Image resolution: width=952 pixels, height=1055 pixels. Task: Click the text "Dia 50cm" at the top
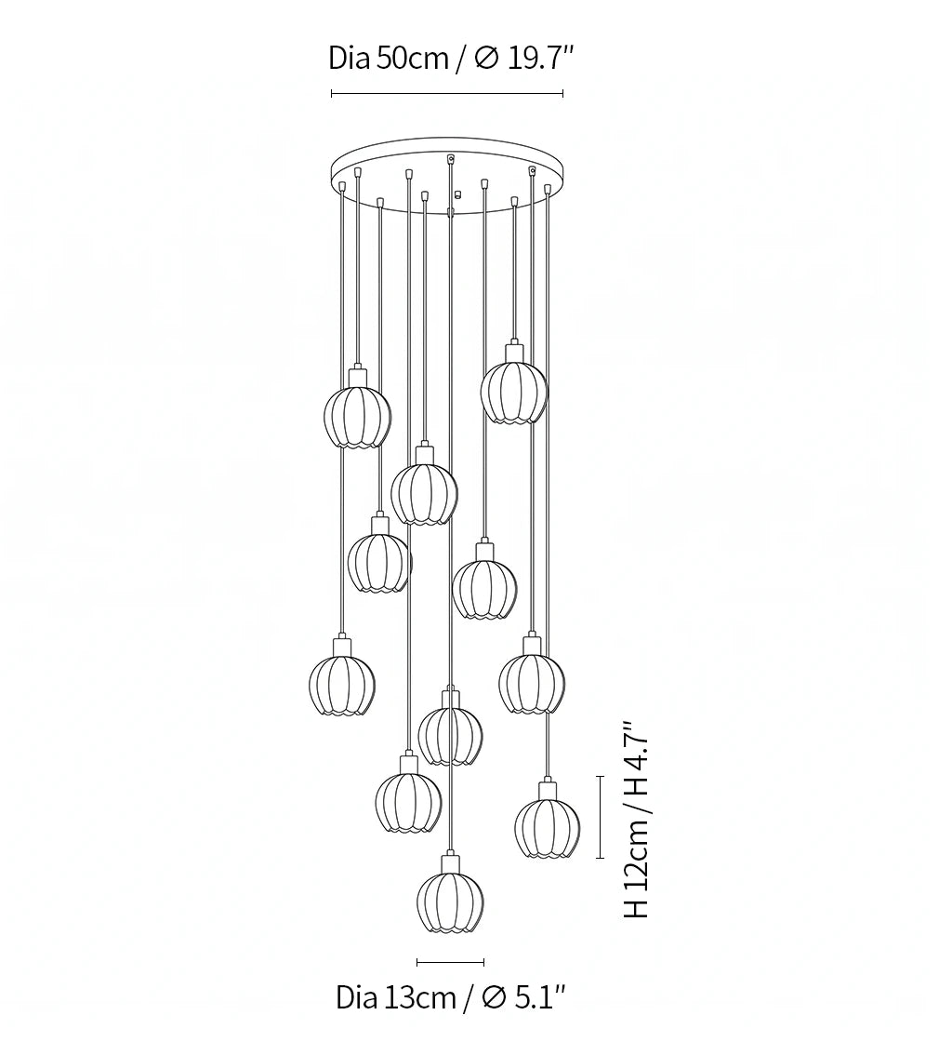[388, 59]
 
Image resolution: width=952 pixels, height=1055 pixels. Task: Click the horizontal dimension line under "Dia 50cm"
[447, 94]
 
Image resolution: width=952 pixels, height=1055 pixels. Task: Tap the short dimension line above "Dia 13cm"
[451, 962]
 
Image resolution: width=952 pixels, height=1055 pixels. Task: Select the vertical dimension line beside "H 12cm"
[601, 817]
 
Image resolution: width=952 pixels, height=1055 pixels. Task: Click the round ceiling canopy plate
[447, 175]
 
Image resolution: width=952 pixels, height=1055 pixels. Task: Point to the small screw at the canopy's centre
[457, 195]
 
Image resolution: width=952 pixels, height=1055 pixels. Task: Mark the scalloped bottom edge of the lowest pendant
[451, 928]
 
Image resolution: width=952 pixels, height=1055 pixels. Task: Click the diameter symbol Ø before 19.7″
[486, 59]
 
